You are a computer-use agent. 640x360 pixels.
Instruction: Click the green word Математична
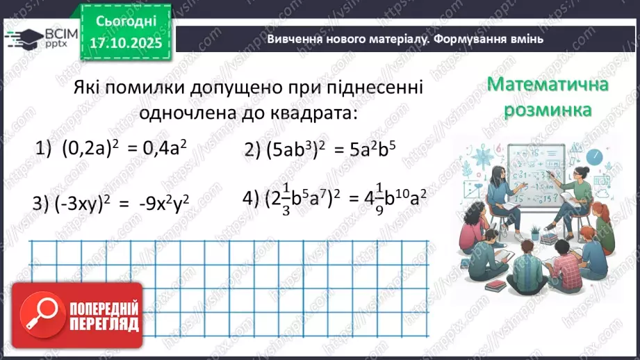coord(548,85)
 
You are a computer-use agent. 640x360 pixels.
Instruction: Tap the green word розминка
coord(548,110)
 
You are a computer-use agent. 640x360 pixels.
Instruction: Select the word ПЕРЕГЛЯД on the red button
coord(104,323)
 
